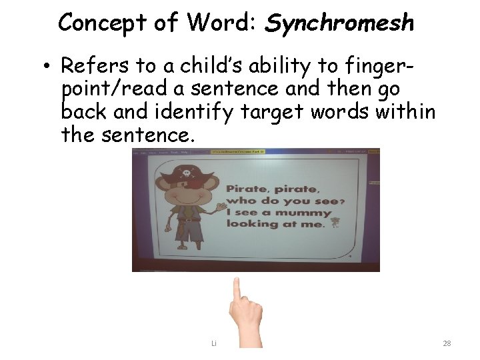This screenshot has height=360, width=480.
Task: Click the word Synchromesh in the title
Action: [340, 23]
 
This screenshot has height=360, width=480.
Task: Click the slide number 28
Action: [447, 343]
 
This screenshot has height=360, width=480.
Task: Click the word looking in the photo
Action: [252, 224]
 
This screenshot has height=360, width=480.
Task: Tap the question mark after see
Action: [341, 201]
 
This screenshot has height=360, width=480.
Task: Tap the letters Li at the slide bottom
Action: [214, 343]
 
